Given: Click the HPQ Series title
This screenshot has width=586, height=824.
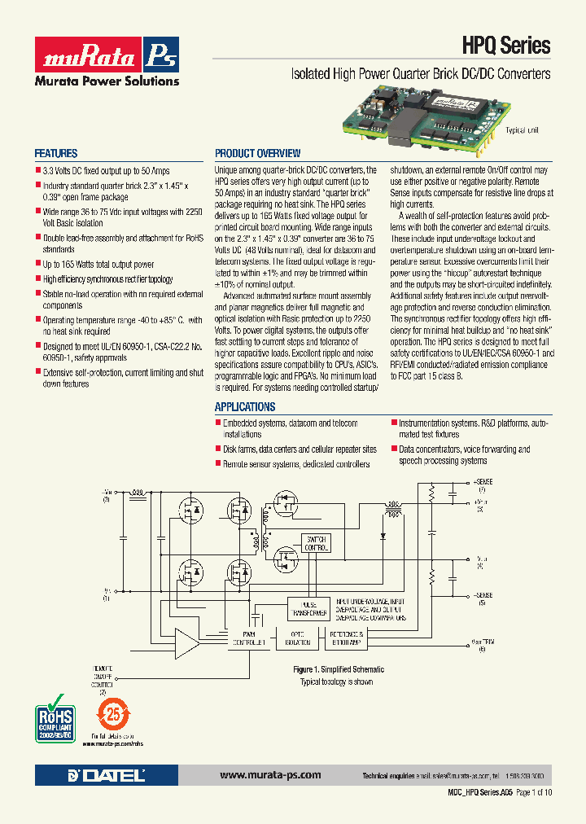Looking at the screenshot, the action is pos(507,46).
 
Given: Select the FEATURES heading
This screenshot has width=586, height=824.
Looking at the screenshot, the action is pos(56,154).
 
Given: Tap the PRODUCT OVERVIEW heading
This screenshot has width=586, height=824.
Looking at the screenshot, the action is pos(257,154).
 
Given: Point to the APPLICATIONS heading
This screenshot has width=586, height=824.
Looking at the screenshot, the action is pos(245,407).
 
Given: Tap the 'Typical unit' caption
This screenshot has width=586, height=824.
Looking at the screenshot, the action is pos(522,130).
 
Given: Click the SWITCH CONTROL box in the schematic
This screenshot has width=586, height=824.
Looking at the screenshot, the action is pos(315,543).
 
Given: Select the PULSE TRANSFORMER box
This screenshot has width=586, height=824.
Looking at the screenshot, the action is pos(308,608).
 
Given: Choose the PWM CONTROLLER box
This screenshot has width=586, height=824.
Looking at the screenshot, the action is pos(249,638).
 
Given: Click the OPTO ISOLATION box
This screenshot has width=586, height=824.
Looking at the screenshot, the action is pos(299,638).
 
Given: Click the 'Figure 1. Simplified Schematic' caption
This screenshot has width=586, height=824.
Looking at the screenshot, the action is pos(338,669).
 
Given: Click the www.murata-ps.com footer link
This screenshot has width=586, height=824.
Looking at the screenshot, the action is pos(270,775).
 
